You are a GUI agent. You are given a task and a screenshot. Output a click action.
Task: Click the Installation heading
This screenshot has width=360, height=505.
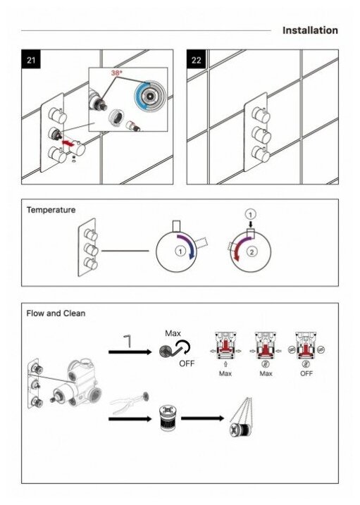coord(310,30)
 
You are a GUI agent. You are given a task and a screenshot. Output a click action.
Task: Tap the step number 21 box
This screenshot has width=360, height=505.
coord(31,59)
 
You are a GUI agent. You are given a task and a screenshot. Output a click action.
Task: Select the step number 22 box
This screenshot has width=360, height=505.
coord(196,59)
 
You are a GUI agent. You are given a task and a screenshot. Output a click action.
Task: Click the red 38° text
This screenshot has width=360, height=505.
coord(116,73)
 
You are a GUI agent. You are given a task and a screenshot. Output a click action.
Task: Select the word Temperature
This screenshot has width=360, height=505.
coord(51,210)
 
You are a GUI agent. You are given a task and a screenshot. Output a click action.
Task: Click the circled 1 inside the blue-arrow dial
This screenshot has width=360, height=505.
coord(180,251)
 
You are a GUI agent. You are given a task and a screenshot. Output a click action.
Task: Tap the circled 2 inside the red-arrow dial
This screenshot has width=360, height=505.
coord(252,251)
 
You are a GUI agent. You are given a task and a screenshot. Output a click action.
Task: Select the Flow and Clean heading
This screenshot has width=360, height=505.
coord(56,313)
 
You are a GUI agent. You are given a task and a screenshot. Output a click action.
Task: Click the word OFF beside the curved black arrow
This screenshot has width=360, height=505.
coord(187,363)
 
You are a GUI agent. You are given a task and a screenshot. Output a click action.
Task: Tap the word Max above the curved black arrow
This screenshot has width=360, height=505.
coord(173,333)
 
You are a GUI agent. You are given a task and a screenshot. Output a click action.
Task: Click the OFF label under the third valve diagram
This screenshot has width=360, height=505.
coord(306,373)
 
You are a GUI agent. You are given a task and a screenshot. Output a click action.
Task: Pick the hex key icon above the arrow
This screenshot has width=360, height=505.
coord(128,342)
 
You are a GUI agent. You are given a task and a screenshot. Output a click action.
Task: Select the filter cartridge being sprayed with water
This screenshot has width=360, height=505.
coord(242,430)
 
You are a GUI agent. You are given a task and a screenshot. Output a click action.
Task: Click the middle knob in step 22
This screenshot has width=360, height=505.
coord(261,135)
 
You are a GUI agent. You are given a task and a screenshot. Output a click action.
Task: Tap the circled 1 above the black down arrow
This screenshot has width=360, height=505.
coord(251,214)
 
